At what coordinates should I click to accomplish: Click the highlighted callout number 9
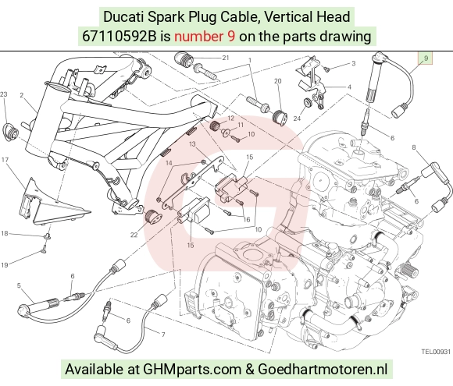point(426,58)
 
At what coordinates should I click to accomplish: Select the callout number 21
point(226,58)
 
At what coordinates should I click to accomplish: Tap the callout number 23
point(3,94)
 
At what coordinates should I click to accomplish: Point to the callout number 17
point(5,160)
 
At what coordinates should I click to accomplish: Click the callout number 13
point(192,143)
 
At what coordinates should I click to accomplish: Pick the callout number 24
point(297,119)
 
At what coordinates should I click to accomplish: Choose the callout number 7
point(163,335)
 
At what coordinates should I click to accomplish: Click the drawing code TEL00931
point(436,352)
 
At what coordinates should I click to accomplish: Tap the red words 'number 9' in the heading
point(205,37)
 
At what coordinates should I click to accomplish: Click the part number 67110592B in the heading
point(119,37)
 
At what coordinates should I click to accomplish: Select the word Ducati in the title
point(123,16)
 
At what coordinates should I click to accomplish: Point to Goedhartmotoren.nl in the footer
point(322,369)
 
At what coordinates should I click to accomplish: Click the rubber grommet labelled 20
point(280,117)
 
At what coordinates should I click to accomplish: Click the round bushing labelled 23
point(10,133)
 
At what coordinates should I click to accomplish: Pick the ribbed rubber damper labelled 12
point(215,126)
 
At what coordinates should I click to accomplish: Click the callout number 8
point(414,147)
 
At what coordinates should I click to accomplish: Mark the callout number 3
point(353,63)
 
